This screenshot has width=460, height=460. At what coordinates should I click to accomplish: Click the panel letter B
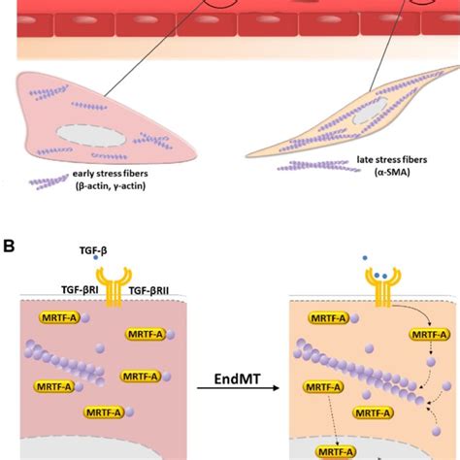click(x=9, y=246)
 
